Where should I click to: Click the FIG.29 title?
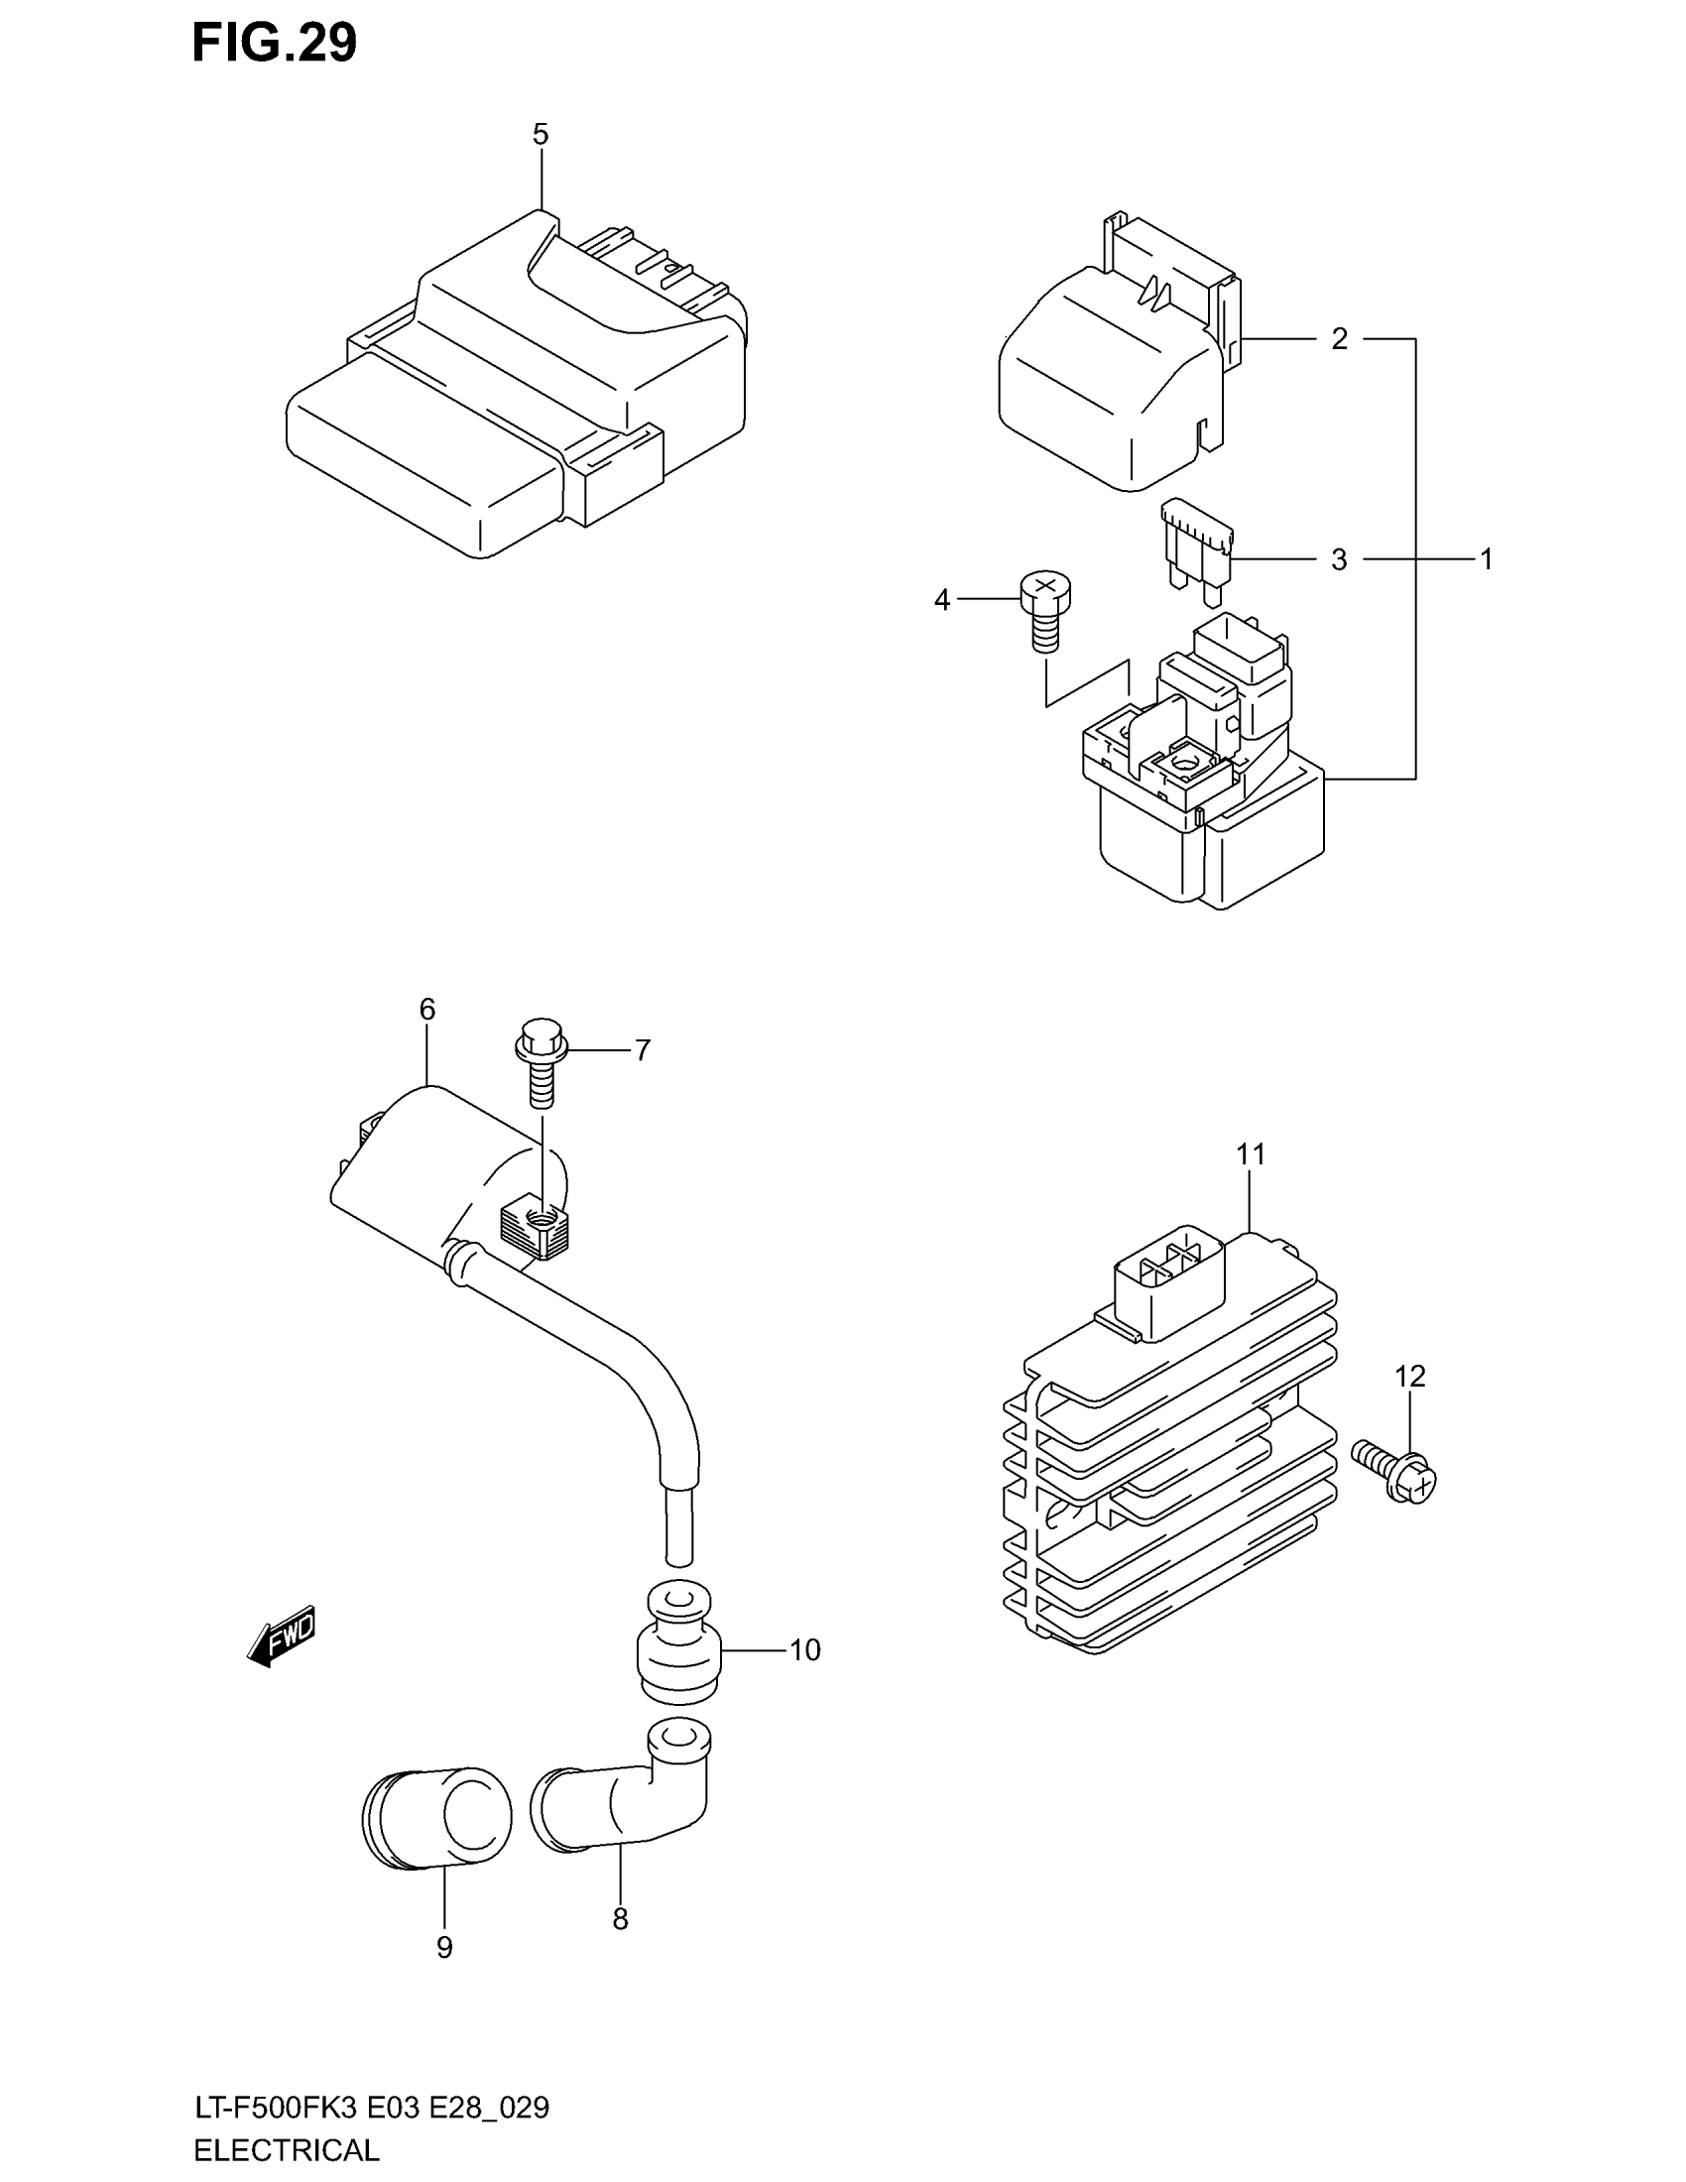point(274,44)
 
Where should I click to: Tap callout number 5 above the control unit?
point(541,134)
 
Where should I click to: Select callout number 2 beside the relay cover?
point(1340,339)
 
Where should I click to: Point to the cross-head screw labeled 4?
point(1043,610)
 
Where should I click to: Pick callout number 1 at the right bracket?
point(1486,559)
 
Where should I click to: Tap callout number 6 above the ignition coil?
point(427,1010)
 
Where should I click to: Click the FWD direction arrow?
point(283,1636)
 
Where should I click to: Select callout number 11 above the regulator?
point(1251,1154)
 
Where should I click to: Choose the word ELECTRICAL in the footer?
point(287,2150)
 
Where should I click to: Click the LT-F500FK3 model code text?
point(277,2108)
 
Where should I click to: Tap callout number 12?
point(1409,1377)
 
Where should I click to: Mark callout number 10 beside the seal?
point(805,1650)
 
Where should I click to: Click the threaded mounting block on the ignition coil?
point(537,1226)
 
